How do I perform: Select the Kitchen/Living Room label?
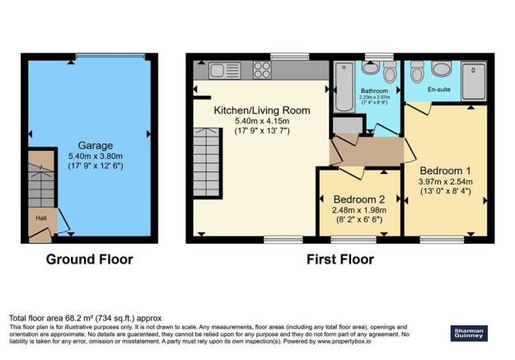click(x=250, y=110)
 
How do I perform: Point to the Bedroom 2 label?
click(x=360, y=199)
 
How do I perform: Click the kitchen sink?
click(x=222, y=70)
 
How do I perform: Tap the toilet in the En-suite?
click(x=415, y=71)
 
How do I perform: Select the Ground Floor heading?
click(x=88, y=259)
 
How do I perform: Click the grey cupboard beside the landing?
click(x=347, y=125)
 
